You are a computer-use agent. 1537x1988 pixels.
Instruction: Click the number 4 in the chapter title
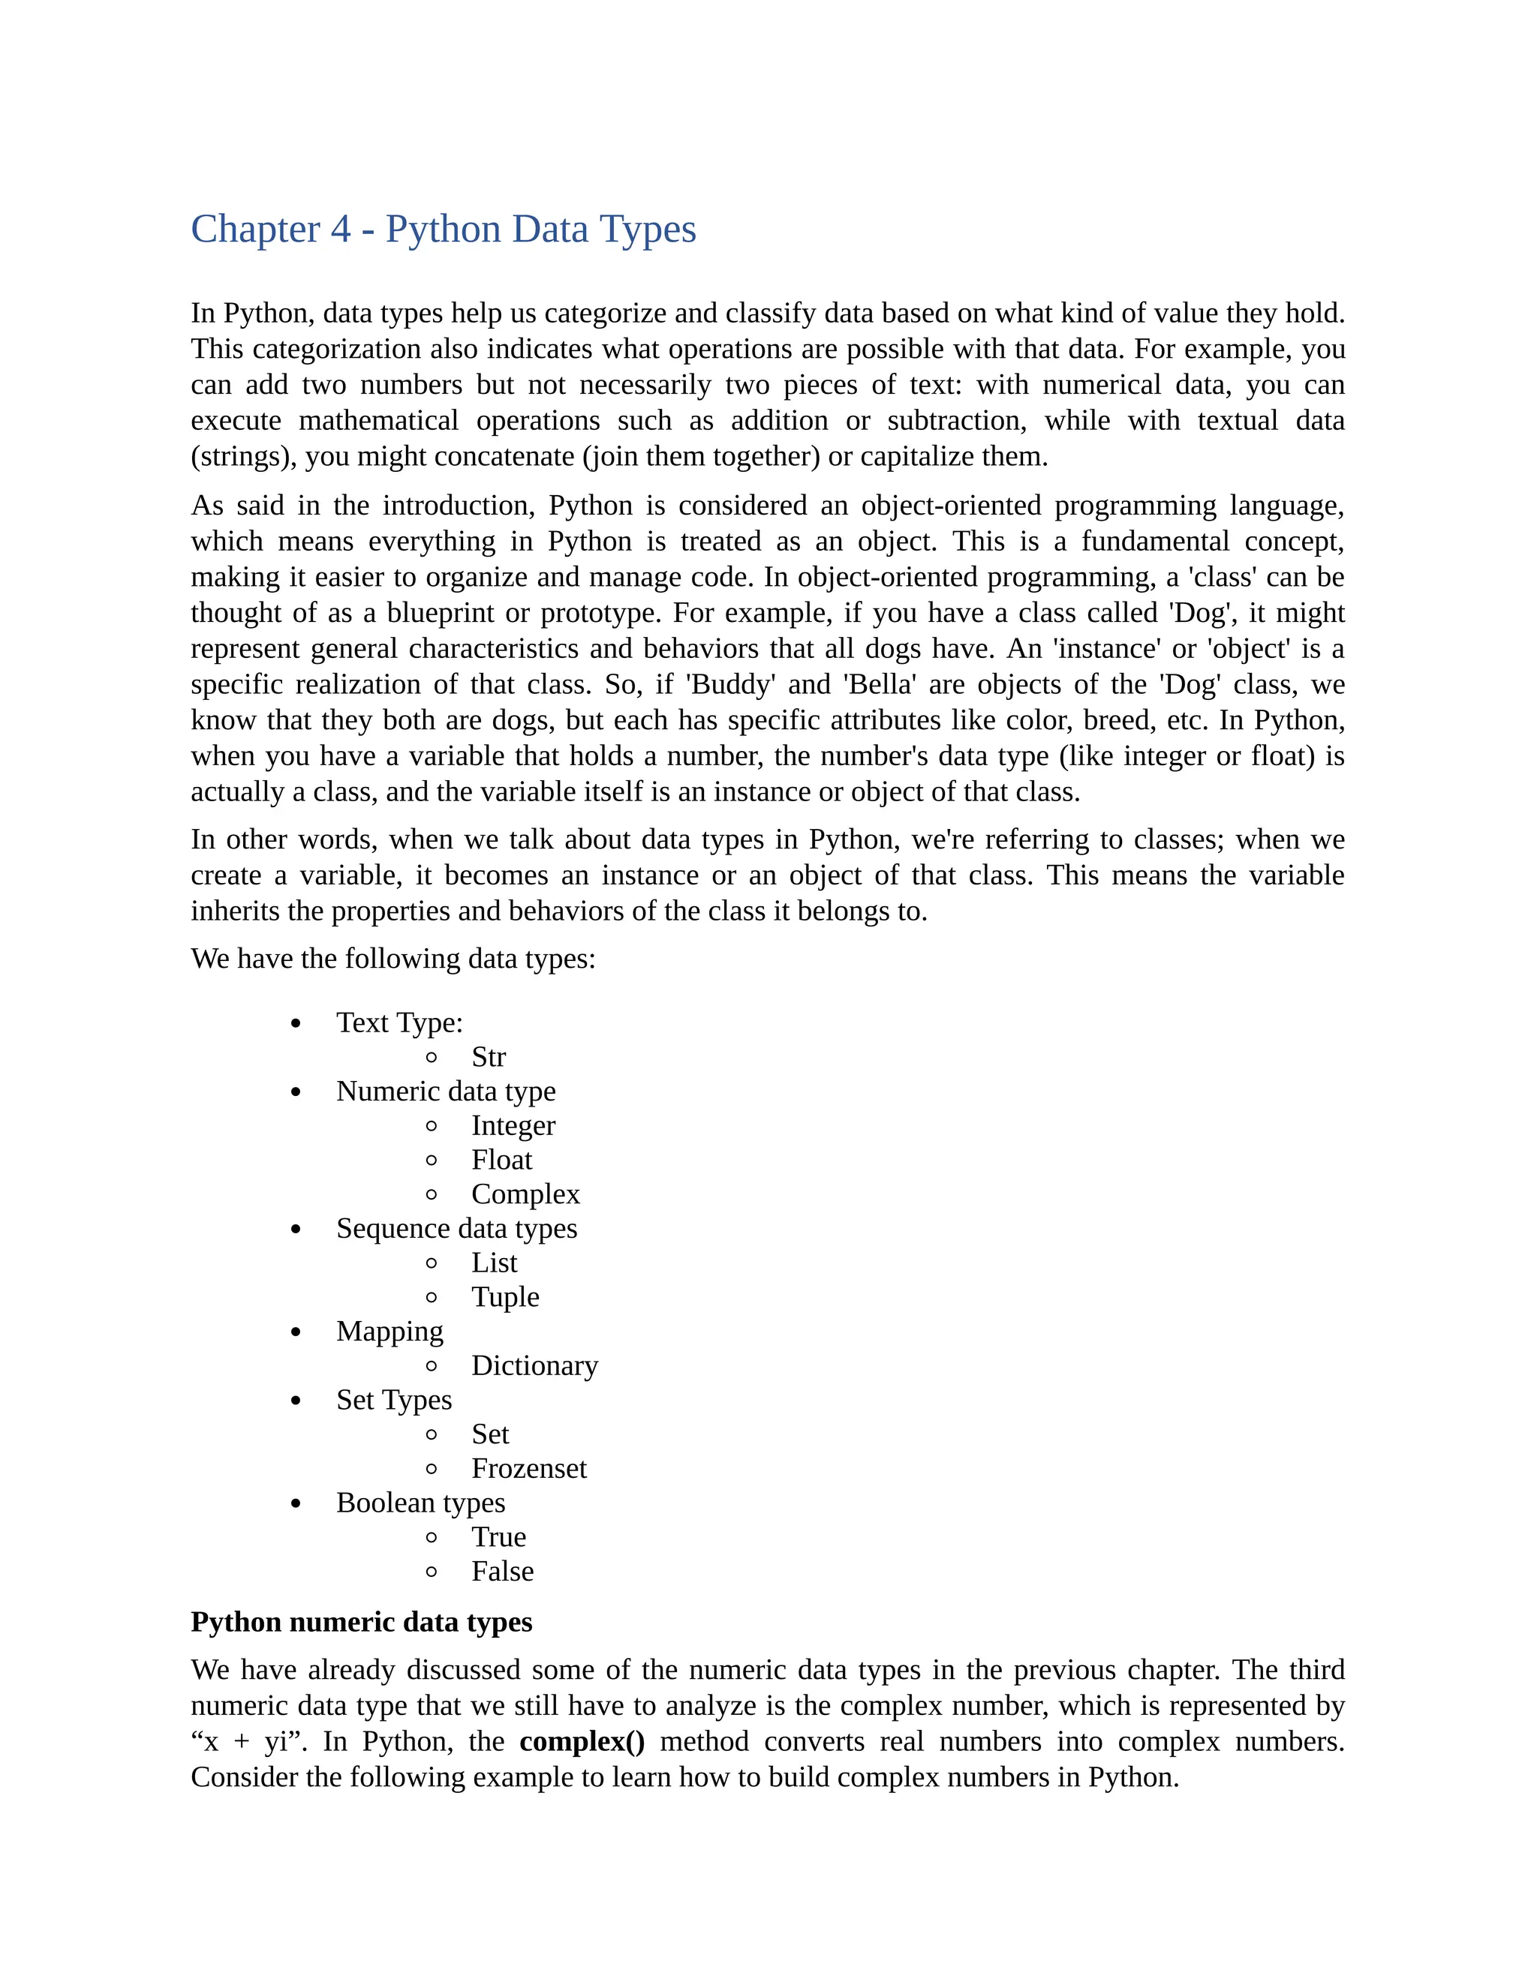pyautogui.click(x=341, y=230)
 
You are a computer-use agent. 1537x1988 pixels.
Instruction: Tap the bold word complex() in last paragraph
pyautogui.click(x=582, y=1740)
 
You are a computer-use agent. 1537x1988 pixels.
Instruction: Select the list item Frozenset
pyautogui.click(x=528, y=1468)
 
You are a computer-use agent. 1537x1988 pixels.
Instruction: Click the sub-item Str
pyautogui.click(x=488, y=1057)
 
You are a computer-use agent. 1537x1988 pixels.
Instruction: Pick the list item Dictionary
pyautogui.click(x=534, y=1365)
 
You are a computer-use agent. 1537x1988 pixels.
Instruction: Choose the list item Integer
pyautogui.click(x=513, y=1125)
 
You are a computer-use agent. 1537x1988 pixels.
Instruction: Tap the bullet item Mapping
pyautogui.click(x=390, y=1331)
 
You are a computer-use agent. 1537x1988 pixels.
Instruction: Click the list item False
pyautogui.click(x=502, y=1571)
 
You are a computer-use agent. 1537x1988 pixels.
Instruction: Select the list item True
pyautogui.click(x=498, y=1536)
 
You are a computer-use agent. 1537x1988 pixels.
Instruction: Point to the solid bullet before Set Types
pyautogui.click(x=295, y=1401)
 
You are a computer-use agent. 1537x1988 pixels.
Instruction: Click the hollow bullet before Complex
pyautogui.click(x=432, y=1194)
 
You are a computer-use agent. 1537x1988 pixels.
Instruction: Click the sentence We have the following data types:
pyautogui.click(x=393, y=959)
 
